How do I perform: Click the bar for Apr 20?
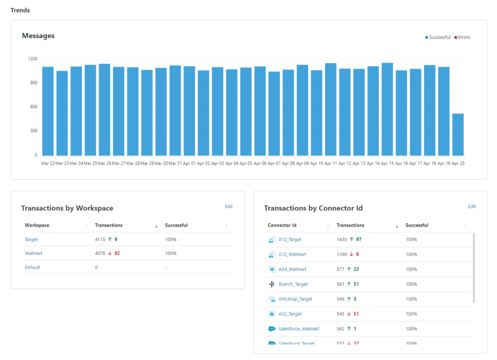point(458,135)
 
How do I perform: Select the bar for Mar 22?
point(48,111)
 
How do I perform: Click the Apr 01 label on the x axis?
point(189,163)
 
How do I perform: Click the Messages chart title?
point(38,36)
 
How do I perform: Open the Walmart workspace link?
point(33,253)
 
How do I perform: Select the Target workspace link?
point(31,239)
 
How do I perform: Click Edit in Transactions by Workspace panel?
point(229,206)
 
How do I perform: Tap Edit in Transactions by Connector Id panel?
point(472,206)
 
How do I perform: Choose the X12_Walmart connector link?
point(292,254)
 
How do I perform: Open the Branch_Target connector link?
point(293,284)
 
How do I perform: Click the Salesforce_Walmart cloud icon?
point(272,329)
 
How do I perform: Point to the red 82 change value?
point(117,253)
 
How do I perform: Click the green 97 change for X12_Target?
point(359,239)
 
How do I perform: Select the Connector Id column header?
point(282,225)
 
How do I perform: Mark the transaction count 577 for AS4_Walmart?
point(341,269)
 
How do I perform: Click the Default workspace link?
point(32,267)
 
